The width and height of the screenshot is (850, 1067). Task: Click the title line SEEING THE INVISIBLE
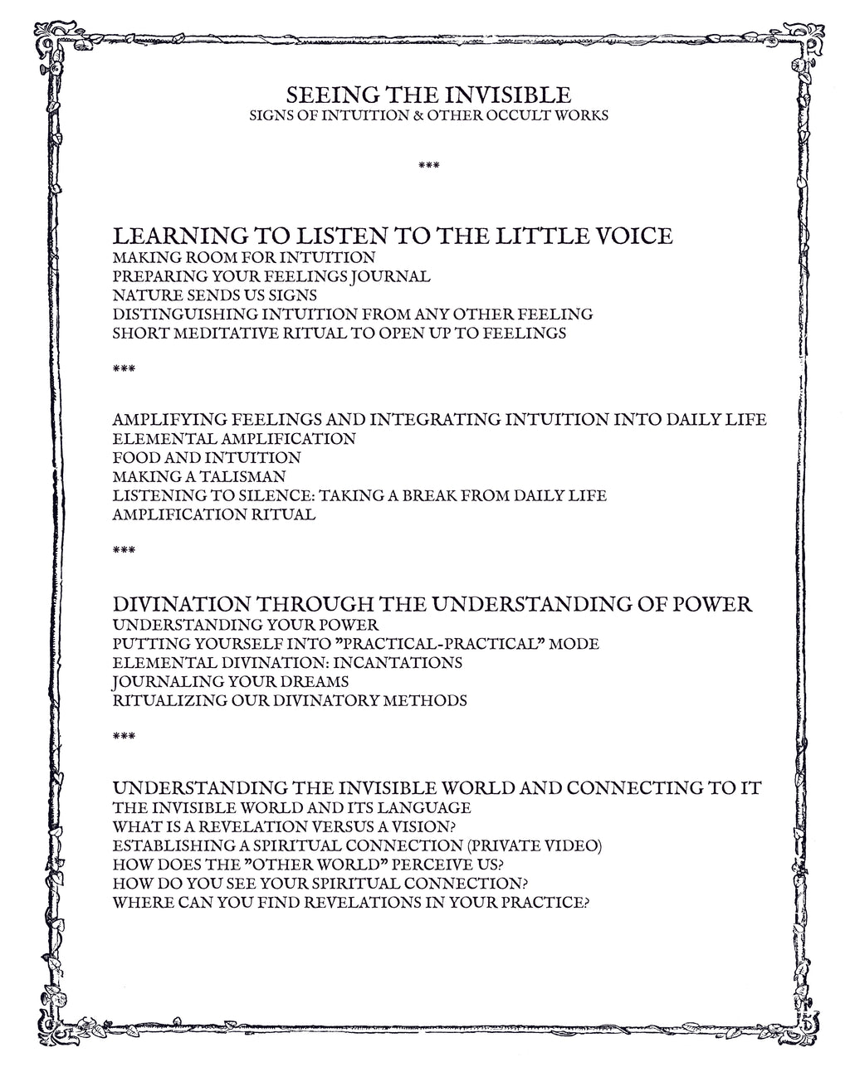point(428,94)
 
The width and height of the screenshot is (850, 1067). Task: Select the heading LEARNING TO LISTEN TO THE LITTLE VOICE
point(392,236)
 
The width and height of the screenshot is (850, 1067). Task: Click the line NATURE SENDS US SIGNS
point(214,295)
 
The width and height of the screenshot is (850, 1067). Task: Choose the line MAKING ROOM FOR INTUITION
point(243,258)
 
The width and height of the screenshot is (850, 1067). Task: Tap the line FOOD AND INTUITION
point(206,457)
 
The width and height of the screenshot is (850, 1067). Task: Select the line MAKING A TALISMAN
point(198,476)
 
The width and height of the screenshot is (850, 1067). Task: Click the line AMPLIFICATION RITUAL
point(213,514)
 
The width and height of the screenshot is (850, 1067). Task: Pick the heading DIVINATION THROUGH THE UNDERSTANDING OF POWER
point(432,604)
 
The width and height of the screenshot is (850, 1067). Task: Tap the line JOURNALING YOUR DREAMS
point(230,682)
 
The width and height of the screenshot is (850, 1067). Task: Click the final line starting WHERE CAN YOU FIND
point(350,903)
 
